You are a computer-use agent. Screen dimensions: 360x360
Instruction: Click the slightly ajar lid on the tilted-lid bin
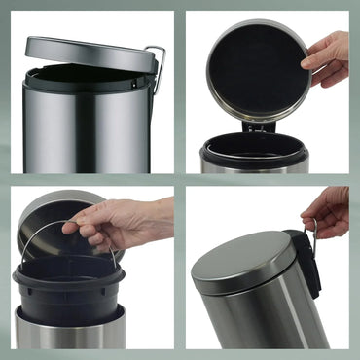tap(88, 53)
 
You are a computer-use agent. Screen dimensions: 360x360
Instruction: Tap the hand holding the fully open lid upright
tap(329, 54)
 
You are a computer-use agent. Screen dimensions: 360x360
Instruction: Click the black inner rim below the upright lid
tap(255, 148)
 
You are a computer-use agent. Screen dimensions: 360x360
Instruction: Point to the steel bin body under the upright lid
tap(255, 166)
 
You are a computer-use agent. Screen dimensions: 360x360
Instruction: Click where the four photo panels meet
tap(180, 180)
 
